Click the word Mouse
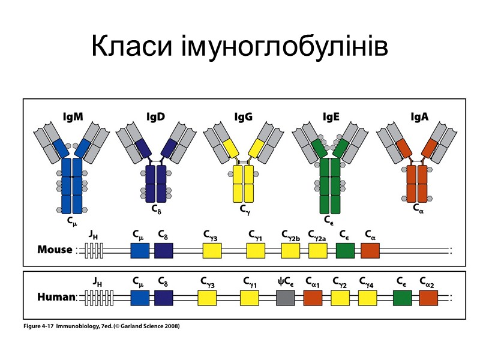coord(55,250)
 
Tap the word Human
coord(56,297)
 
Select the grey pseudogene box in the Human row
coord(286,297)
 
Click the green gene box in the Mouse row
coord(345,250)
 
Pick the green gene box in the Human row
coord(402,297)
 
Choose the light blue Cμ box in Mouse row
coord(140,250)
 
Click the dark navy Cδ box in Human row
coord(164,297)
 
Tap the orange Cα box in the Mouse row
coord(370,250)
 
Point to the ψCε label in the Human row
coord(285,281)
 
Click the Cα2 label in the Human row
coord(428,281)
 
